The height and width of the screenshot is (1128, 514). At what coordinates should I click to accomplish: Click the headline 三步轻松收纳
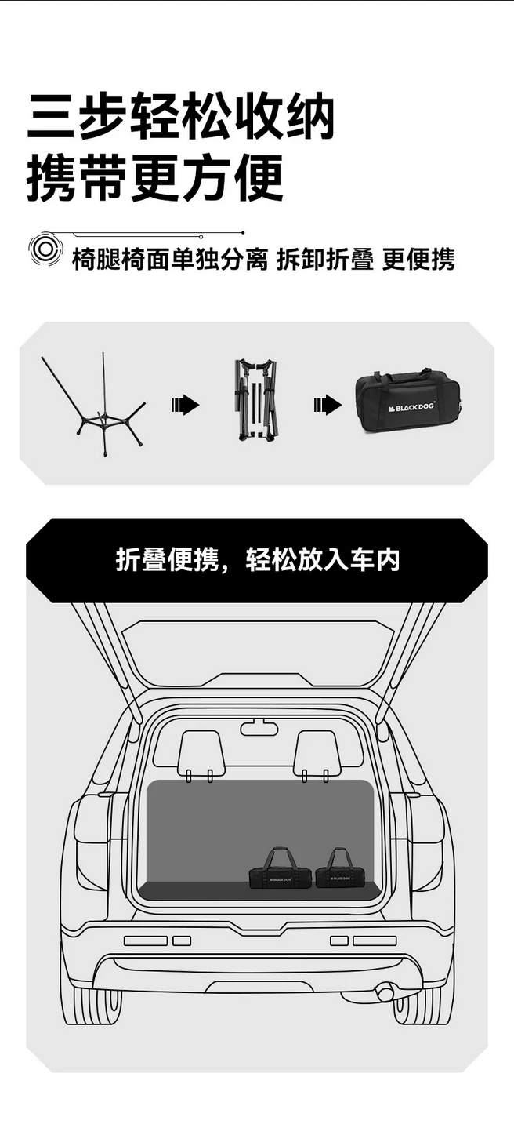[x=180, y=115]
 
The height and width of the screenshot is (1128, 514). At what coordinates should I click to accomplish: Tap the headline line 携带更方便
[x=155, y=178]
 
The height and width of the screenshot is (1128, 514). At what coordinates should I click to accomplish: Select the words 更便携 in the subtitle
[x=418, y=260]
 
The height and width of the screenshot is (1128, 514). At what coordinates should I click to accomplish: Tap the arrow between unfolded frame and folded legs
[x=185, y=404]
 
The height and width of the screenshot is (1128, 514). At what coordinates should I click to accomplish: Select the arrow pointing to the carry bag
[x=328, y=404]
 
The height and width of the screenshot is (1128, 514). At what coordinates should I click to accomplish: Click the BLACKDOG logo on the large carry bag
[x=412, y=407]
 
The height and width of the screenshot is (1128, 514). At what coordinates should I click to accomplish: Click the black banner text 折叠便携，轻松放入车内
[x=258, y=560]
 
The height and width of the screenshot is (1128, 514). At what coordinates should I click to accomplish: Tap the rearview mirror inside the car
[x=259, y=729]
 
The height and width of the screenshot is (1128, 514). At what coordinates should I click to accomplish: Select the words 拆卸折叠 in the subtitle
[x=325, y=260]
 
